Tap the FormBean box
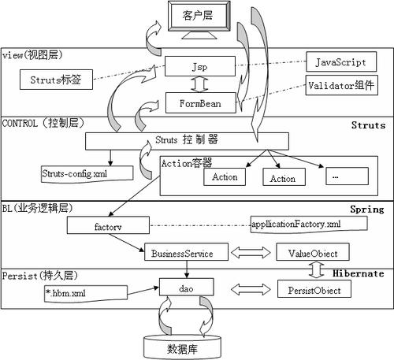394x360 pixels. click(x=197, y=102)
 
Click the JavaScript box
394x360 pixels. click(x=340, y=61)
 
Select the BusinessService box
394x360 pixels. click(x=187, y=253)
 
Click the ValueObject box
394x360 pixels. click(x=308, y=253)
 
